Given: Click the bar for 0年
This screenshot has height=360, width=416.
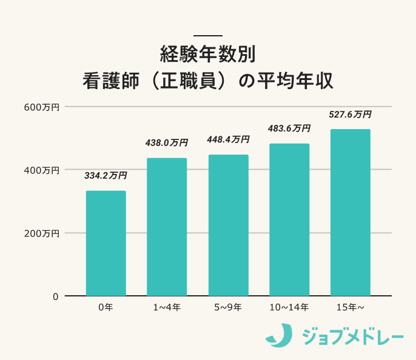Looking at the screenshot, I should pyautogui.click(x=106, y=243).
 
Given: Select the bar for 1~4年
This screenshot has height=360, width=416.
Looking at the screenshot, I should pyautogui.click(x=167, y=227).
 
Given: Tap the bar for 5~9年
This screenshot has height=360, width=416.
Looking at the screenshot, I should pyautogui.click(x=228, y=225).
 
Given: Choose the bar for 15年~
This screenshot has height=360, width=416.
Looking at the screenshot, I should pyautogui.click(x=350, y=212).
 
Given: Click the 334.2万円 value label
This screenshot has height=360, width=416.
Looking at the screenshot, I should pyautogui.click(x=106, y=176).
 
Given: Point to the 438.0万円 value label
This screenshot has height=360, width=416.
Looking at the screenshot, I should pyautogui.click(x=166, y=143).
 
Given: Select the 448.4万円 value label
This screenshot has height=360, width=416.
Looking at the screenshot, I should pyautogui.click(x=228, y=139).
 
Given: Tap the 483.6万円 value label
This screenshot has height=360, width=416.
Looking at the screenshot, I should pyautogui.click(x=289, y=128).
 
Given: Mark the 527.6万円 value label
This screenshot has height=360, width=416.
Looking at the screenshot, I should pyautogui.click(x=350, y=114).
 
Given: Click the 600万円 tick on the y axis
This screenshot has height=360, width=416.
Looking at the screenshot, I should pyautogui.click(x=42, y=107).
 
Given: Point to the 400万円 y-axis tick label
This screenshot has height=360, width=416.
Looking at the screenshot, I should pyautogui.click(x=42, y=170).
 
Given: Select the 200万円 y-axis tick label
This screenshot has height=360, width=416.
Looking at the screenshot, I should pyautogui.click(x=42, y=233).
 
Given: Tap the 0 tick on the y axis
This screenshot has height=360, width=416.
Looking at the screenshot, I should pyautogui.click(x=55, y=296).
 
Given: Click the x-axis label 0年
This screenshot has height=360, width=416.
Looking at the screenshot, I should pyautogui.click(x=106, y=308).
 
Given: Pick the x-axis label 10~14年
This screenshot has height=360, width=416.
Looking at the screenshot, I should pyautogui.click(x=289, y=308).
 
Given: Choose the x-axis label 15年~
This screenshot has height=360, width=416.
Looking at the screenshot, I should pyautogui.click(x=350, y=308).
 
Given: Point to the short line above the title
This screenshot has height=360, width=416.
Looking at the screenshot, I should pyautogui.click(x=207, y=35).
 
